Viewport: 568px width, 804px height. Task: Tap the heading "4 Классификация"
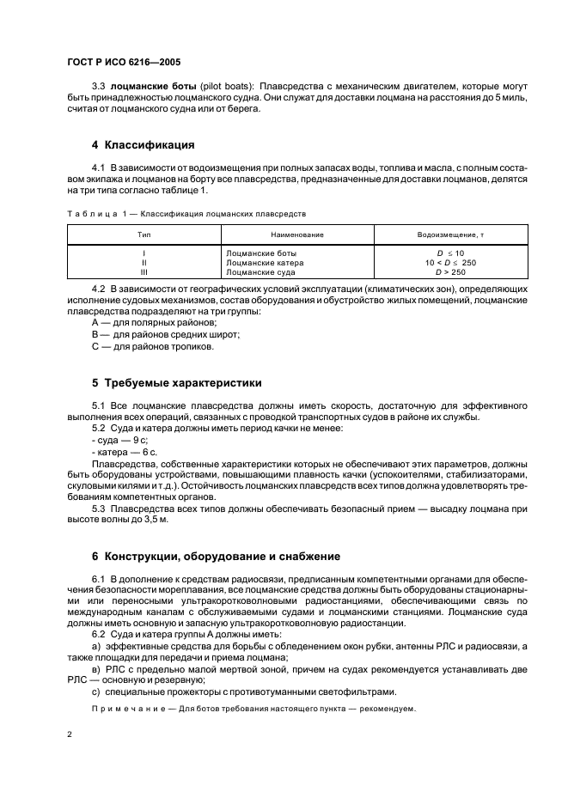tap(143, 144)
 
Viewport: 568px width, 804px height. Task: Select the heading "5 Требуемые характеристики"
tap(176, 382)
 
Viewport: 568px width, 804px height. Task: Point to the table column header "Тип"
tap(143, 234)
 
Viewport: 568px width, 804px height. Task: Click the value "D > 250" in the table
tap(449, 271)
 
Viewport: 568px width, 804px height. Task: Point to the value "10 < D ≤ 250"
tap(449, 262)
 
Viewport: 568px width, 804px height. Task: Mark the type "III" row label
tap(143, 271)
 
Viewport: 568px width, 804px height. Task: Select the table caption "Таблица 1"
tap(90, 213)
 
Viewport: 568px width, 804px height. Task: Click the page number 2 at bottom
tap(70, 734)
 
